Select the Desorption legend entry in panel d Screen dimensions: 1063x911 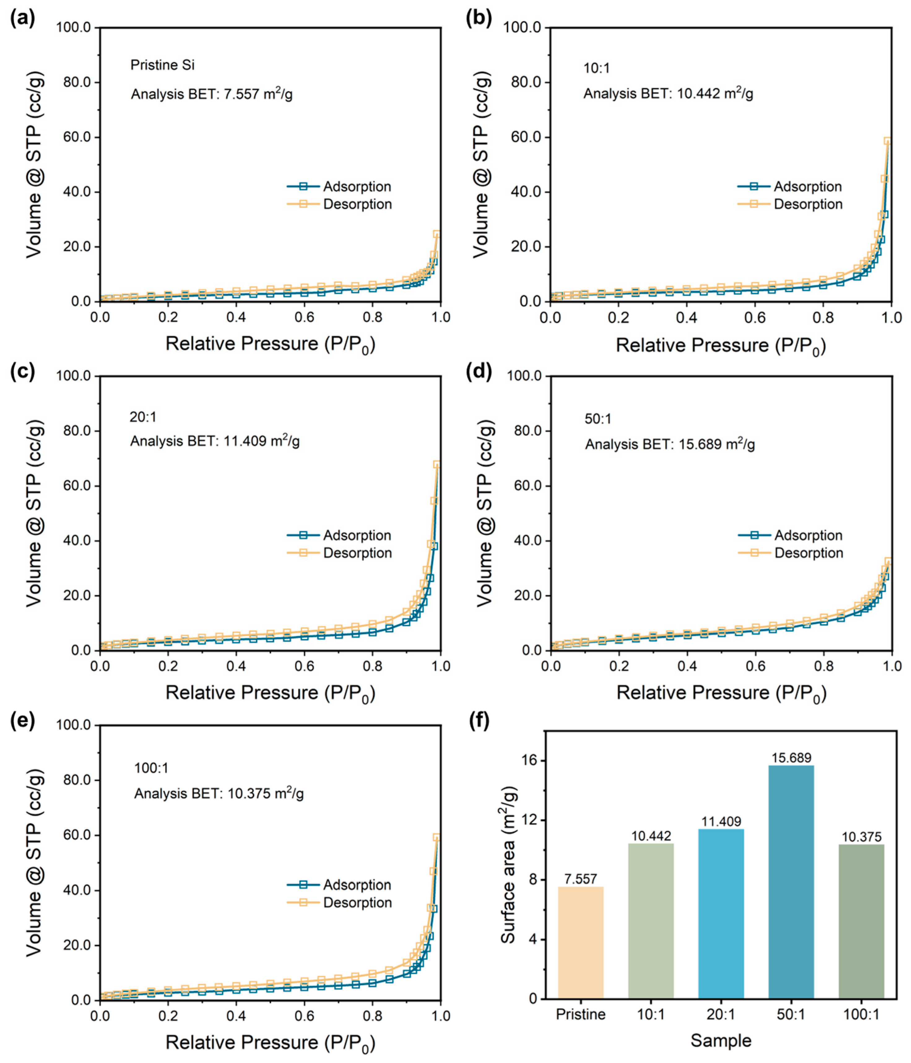click(808, 553)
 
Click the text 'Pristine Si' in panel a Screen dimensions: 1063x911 click(162, 65)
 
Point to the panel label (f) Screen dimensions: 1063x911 click(479, 721)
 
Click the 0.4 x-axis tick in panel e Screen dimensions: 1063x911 click(236, 1015)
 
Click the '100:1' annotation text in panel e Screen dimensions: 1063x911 click(151, 768)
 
